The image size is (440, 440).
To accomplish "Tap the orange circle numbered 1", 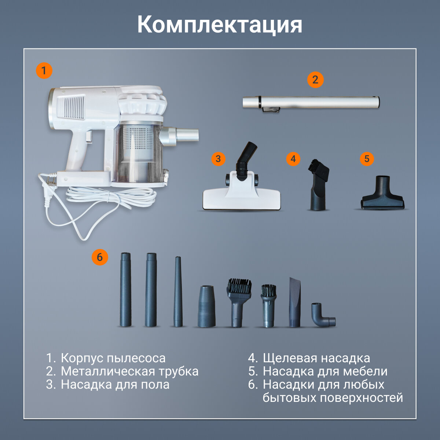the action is [44, 70].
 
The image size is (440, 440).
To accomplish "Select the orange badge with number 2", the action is [315, 80].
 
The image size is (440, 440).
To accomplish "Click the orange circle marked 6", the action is [100, 257].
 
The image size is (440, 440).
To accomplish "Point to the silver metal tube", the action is [311, 103].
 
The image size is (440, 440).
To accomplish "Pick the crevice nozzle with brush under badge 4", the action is [319, 184].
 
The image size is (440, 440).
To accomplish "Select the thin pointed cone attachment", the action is [178, 292].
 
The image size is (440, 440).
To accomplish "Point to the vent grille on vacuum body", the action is [71, 107].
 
